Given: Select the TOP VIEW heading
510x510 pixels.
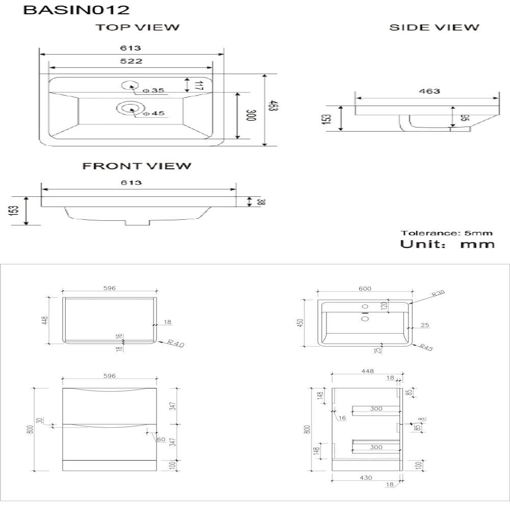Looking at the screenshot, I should pyautogui.click(x=138, y=28).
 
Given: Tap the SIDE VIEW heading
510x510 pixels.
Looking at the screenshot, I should pyautogui.click(x=434, y=28).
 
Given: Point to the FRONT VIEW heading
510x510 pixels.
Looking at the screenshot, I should pyautogui.click(x=137, y=166).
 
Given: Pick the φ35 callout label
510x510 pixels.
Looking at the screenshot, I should pyautogui.click(x=154, y=90).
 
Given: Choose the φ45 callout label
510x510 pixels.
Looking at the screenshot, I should pyautogui.click(x=154, y=113).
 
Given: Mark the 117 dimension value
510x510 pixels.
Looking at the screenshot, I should pyautogui.click(x=199, y=86).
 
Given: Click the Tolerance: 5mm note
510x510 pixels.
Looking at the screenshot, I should pyautogui.click(x=447, y=233).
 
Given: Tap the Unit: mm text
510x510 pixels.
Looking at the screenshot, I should pyautogui.click(x=447, y=244).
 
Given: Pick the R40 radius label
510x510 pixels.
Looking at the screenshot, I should pyautogui.click(x=175, y=344).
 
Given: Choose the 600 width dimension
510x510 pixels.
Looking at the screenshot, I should pyautogui.click(x=365, y=289).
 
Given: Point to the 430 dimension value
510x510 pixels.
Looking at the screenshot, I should pyautogui.click(x=366, y=477).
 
